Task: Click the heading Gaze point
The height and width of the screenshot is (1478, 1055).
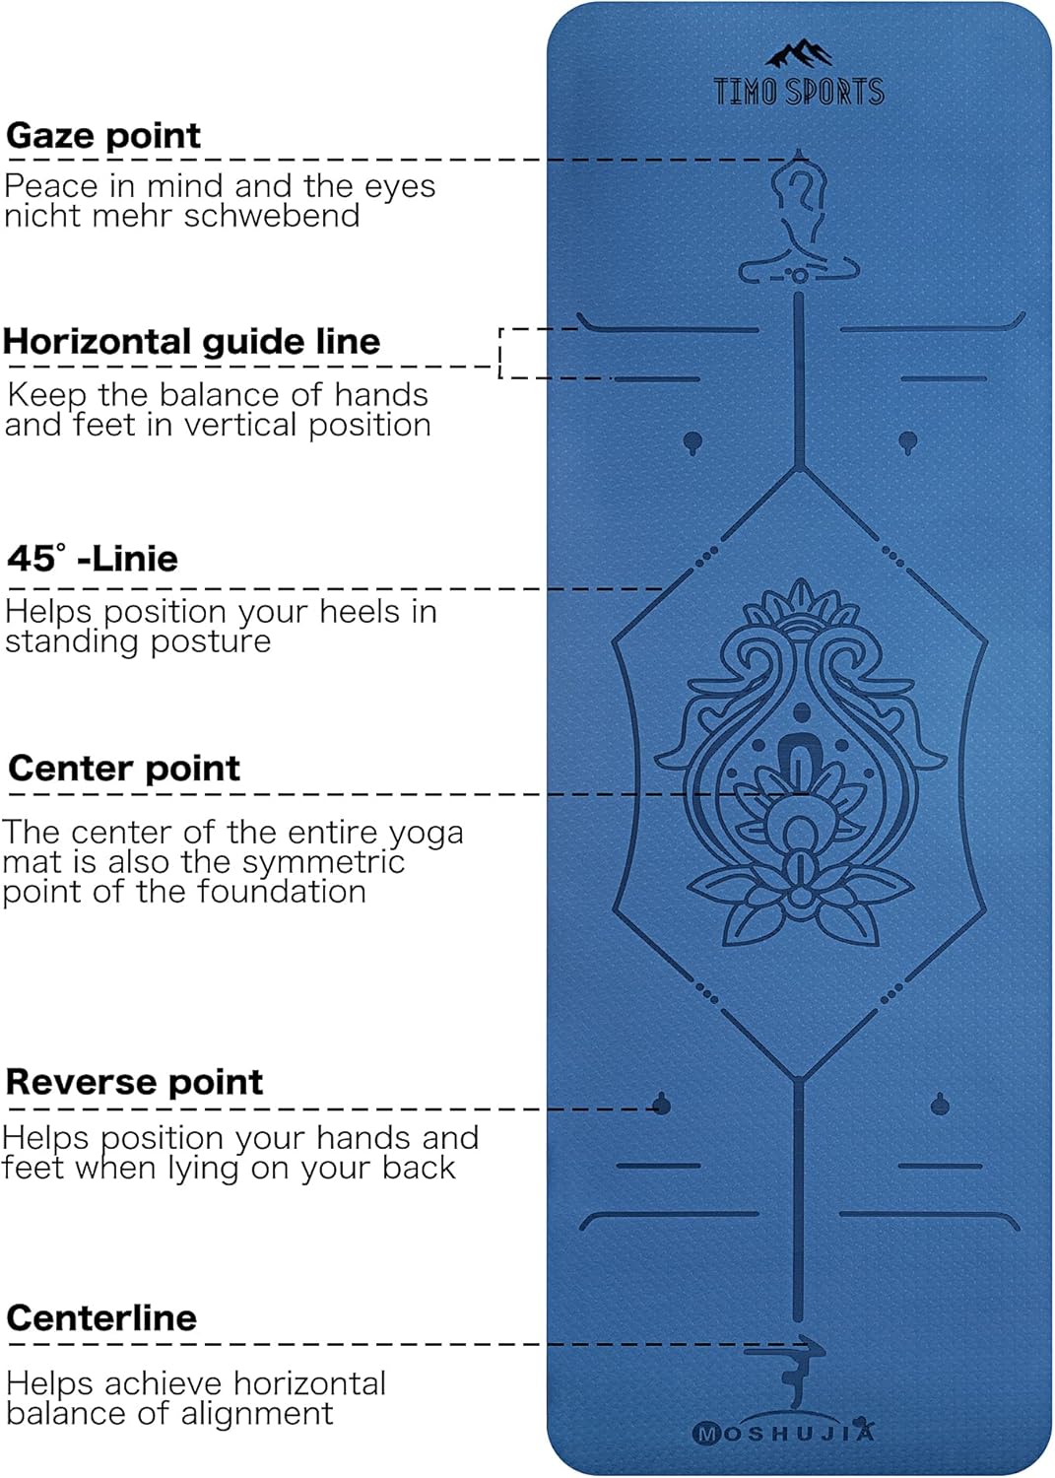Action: coord(103,136)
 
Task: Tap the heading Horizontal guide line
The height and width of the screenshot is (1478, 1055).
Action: coord(191,342)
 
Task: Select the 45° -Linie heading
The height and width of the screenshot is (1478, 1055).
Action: coord(93,559)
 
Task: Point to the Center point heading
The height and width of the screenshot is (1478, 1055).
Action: coord(124,769)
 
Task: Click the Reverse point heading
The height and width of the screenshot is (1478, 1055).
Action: coord(134,1082)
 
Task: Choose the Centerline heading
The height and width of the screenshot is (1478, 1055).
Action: coord(101,1318)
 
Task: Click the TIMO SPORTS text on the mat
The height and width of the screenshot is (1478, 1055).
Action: coord(799,92)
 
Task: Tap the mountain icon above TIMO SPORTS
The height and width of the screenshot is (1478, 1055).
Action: coord(799,54)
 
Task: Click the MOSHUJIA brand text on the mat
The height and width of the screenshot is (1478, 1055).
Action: coord(784,1433)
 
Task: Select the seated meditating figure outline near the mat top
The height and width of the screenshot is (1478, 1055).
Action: coord(799,222)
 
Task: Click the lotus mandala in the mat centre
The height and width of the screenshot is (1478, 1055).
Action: coord(800,764)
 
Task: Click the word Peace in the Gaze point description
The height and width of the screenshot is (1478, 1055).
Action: coord(51,186)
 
